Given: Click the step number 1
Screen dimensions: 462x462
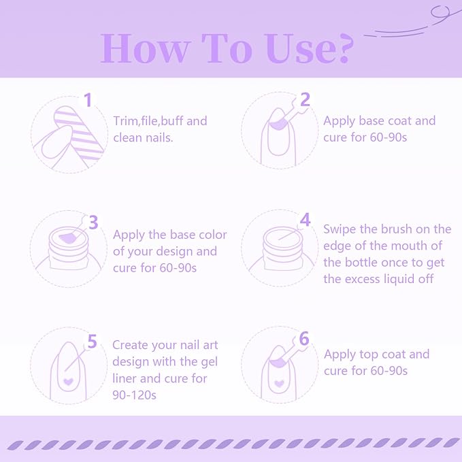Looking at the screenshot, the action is [x=88, y=100].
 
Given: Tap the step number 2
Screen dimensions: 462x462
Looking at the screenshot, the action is [x=305, y=99].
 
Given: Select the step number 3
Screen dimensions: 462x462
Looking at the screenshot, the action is [x=93, y=222].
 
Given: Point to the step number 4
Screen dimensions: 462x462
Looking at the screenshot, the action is [x=306, y=220].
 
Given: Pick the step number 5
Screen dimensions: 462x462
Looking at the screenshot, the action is [x=92, y=342].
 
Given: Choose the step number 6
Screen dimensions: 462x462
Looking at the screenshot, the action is [x=304, y=339].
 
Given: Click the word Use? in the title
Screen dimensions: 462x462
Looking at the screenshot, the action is [x=309, y=48].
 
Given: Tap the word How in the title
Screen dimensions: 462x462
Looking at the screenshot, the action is [x=145, y=48].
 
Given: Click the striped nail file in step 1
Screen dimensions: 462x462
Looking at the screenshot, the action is [x=79, y=133].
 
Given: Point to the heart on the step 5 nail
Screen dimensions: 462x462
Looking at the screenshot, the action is [x=68, y=382].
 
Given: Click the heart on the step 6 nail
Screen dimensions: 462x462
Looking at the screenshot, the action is [x=279, y=383].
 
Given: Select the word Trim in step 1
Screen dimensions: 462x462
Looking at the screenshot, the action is [x=126, y=121].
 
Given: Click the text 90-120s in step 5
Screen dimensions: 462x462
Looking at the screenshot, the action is [x=134, y=395].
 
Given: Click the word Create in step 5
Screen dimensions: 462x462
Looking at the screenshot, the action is [x=130, y=345].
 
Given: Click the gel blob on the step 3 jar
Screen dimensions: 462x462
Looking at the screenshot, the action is [x=67, y=237].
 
